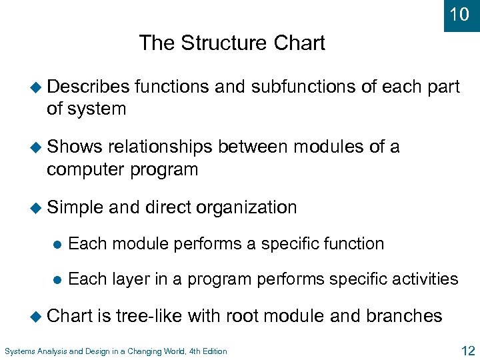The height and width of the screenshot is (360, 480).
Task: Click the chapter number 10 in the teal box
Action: [x=460, y=14]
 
